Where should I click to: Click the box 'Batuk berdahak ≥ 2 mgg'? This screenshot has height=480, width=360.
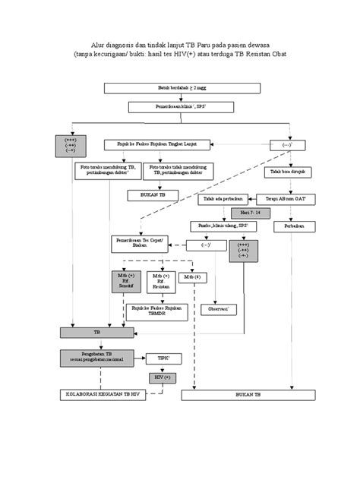182,88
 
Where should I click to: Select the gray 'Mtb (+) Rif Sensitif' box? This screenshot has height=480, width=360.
125,279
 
